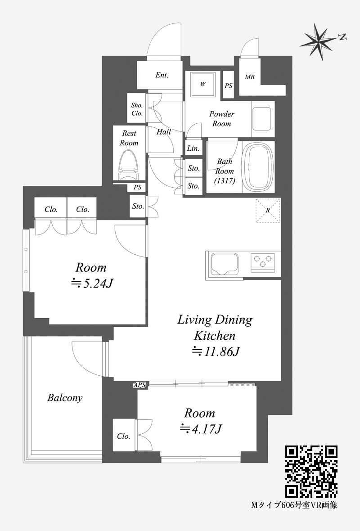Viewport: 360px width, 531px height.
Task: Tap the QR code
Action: (x=311, y=472)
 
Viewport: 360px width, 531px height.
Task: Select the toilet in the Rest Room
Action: (x=129, y=165)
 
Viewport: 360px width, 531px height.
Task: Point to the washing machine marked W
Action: (x=202, y=84)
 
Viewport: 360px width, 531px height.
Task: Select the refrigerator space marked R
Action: (x=268, y=210)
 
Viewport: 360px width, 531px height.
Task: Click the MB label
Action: (x=250, y=77)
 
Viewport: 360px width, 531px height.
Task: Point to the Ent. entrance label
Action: (x=162, y=75)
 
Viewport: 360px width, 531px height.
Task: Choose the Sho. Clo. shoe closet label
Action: (x=137, y=109)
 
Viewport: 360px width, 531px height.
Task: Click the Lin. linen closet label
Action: (x=193, y=148)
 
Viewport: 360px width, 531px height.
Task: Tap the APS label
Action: (x=139, y=385)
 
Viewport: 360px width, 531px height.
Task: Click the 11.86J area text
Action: (x=216, y=352)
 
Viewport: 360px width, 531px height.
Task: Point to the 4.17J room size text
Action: (x=201, y=429)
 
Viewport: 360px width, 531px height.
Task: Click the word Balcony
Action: (x=65, y=397)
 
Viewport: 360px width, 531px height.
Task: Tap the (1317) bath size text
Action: (x=225, y=181)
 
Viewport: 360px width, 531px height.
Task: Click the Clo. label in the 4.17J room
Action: (x=124, y=436)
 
